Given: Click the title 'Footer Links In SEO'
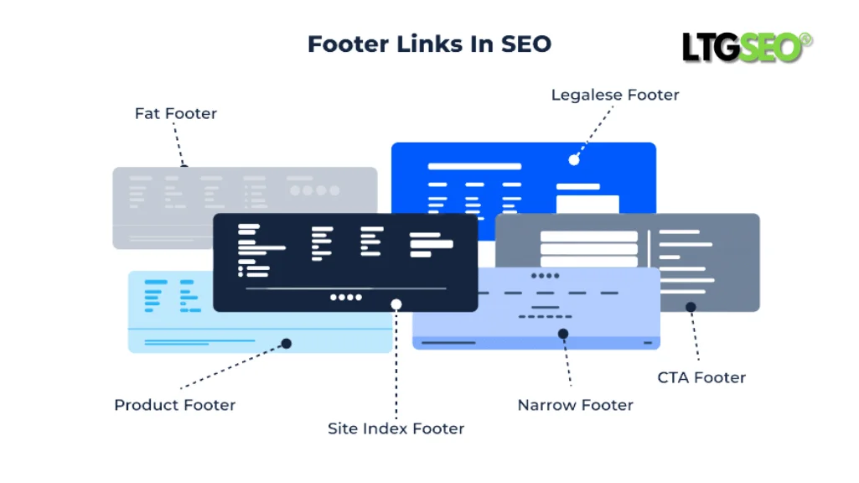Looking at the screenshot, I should tap(429, 44).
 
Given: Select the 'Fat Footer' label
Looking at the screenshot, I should tap(175, 113).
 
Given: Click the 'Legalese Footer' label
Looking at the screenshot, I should tap(614, 95).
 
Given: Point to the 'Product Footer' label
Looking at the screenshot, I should tap(174, 405).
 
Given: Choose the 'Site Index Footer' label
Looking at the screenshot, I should tap(396, 428).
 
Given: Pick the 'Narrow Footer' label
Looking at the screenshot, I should tap(575, 405).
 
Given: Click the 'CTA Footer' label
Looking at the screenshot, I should tap(701, 377).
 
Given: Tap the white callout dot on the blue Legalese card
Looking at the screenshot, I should tap(574, 159).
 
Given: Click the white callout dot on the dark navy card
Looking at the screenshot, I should tap(396, 304).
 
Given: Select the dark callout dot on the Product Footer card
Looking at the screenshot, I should tap(286, 343).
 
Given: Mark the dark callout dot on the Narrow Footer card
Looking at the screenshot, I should tap(563, 334).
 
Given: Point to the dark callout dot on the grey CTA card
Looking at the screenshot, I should tap(691, 307).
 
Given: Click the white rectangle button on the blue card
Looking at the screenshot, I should tap(587, 204).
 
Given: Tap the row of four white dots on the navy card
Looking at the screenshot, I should tap(346, 297).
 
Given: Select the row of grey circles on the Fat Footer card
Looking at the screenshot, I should tap(314, 190).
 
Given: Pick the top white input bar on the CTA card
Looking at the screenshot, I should tap(588, 236).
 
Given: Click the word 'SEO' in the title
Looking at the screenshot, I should tap(526, 44).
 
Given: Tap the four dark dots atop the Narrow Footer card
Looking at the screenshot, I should tap(545, 275).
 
